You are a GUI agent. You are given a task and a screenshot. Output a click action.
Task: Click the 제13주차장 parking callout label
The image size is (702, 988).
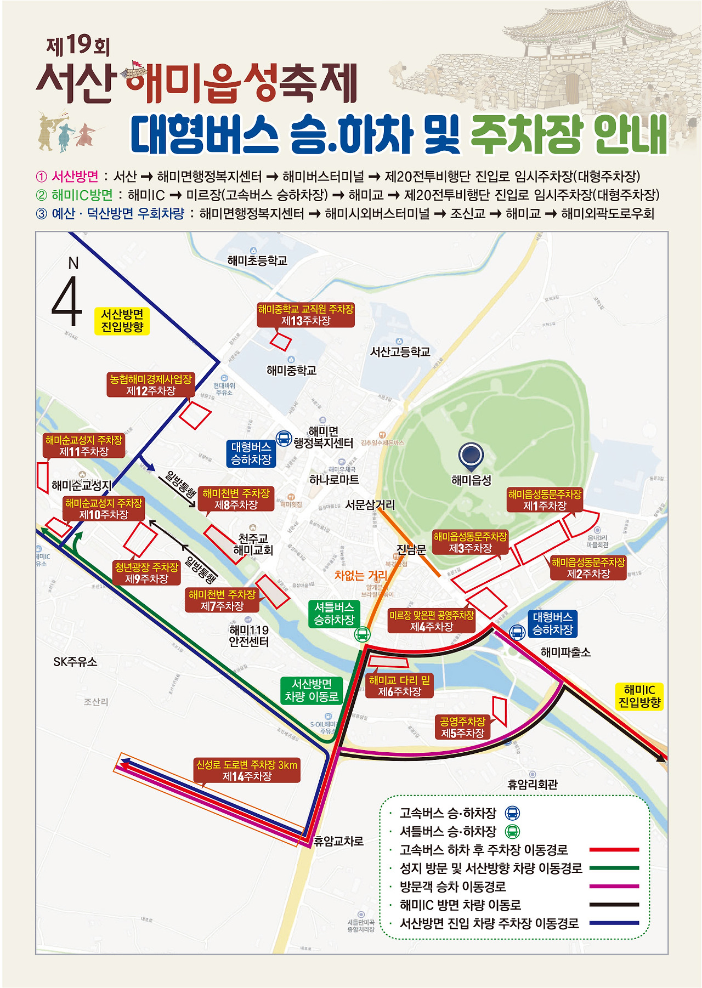click(306, 315)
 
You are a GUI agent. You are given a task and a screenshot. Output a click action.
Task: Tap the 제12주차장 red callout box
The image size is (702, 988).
click(151, 385)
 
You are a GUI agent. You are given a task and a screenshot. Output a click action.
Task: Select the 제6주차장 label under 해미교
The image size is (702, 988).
click(399, 686)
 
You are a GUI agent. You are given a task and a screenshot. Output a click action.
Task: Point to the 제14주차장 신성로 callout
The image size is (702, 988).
click(247, 770)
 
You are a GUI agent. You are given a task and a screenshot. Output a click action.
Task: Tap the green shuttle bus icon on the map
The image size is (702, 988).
click(362, 634)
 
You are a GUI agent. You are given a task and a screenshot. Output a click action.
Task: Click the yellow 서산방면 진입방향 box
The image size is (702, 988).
click(122, 321)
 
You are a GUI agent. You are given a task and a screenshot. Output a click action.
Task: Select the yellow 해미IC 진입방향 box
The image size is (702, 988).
click(639, 696)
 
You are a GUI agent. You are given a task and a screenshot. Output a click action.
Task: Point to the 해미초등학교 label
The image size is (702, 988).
click(257, 261)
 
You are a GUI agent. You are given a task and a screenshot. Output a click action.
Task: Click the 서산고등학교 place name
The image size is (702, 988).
click(400, 352)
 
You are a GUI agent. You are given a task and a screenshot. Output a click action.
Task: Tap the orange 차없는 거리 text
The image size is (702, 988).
click(361, 575)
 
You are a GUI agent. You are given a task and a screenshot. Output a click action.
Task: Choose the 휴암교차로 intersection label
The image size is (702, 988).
click(338, 841)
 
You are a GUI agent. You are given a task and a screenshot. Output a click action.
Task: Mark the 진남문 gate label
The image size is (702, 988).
click(411, 549)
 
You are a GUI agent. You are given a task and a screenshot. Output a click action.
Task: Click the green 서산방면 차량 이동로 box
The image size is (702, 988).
click(312, 690)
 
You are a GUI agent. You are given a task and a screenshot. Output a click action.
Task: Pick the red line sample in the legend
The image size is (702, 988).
click(614, 849)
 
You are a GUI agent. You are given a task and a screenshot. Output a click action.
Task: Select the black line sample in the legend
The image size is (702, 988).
click(614, 905)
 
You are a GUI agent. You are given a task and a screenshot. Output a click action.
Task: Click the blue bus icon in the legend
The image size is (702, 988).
click(512, 813)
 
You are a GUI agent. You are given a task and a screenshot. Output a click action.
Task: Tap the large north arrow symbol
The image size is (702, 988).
click(67, 301)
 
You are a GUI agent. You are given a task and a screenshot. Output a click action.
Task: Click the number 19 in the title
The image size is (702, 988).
click(78, 46)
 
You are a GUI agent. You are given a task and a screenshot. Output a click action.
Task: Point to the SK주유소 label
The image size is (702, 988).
click(75, 662)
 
